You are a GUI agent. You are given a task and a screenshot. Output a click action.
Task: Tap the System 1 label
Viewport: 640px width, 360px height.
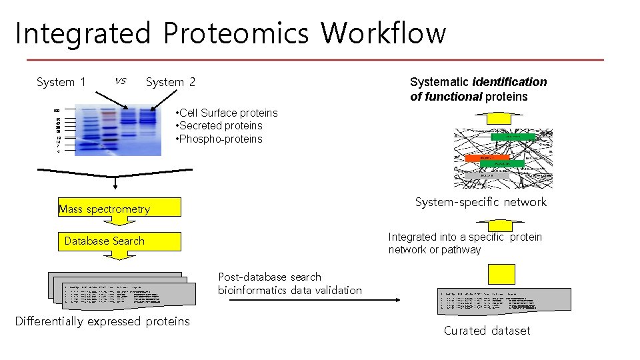[61, 82]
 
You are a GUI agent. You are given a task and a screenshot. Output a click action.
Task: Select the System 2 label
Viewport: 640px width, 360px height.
[171, 82]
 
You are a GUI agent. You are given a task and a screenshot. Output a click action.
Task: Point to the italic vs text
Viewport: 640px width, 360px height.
[120, 81]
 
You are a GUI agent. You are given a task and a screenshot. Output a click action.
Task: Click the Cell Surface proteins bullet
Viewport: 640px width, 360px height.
[227, 113]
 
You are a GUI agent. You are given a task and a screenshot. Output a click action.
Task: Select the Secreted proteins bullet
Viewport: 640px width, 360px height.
[219, 125]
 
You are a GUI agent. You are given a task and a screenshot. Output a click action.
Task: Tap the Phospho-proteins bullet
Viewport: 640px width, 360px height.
[219, 139]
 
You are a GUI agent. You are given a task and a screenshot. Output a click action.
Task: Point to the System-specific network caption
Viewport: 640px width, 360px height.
[481, 202]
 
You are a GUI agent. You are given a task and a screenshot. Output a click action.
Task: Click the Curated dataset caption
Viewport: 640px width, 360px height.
[487, 331]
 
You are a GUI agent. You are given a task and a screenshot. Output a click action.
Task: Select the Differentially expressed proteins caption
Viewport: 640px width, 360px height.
[103, 321]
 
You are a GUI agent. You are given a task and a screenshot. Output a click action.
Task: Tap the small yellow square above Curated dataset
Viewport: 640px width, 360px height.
[501, 274]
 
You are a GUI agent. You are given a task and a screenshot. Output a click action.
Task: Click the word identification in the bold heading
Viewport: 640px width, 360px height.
[509, 82]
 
